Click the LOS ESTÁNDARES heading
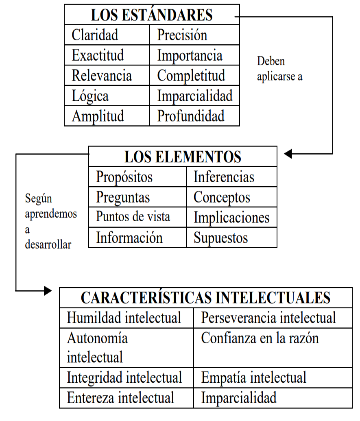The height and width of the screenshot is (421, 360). (152, 15)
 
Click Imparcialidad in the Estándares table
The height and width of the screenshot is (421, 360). (195, 96)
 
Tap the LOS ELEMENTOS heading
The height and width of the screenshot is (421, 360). (183, 157)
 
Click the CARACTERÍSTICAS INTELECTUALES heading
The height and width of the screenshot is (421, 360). (206, 298)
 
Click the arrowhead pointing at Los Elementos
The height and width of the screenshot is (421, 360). (288, 154)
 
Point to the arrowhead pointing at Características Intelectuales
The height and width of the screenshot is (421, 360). (48, 290)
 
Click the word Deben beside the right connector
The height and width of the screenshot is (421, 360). (271, 61)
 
